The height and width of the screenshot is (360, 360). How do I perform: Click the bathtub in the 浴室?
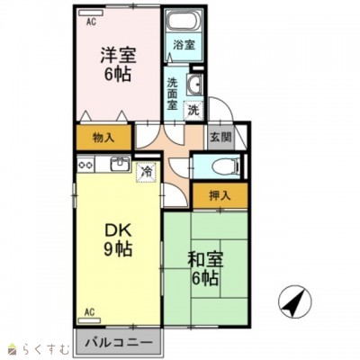[x=184, y=20]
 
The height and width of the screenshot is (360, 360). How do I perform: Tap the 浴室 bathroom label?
[x=184, y=45]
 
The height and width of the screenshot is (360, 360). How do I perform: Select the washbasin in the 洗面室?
[x=194, y=84]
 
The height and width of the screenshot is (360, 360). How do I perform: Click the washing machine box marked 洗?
[x=193, y=110]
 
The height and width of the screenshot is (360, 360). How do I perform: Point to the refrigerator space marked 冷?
[x=146, y=172]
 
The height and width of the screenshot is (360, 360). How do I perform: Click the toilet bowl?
[x=224, y=165]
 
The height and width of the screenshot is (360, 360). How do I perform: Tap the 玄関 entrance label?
[x=220, y=137]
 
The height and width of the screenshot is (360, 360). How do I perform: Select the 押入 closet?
[x=220, y=195]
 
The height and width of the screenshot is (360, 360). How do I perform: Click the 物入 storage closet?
[x=103, y=138]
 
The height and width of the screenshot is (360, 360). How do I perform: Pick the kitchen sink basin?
[x=121, y=164]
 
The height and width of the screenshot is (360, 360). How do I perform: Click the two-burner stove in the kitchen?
[x=85, y=165]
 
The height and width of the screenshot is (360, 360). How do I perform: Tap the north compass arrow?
[x=295, y=301]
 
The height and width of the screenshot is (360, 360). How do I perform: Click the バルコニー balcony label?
[x=118, y=343]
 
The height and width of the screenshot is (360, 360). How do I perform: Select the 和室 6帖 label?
[x=205, y=269]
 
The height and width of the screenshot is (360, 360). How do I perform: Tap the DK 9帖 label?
[x=118, y=240]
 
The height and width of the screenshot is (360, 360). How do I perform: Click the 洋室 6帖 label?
[x=118, y=65]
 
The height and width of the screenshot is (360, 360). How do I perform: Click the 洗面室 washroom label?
[x=172, y=94]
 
